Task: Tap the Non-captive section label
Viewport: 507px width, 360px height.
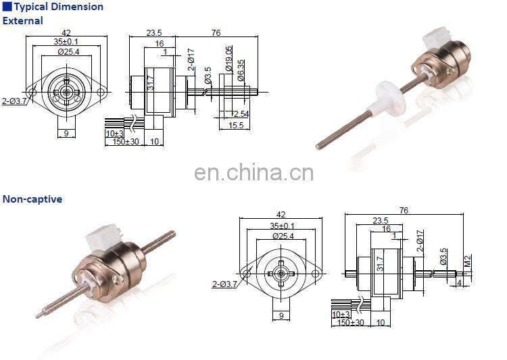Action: click(32, 199)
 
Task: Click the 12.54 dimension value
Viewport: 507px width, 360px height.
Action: click(239, 113)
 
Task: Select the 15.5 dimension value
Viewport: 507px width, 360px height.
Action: click(236, 126)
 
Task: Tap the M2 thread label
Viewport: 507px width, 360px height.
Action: click(466, 261)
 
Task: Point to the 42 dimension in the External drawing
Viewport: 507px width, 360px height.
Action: click(66, 32)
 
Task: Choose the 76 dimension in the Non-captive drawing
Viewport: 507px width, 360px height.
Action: click(404, 211)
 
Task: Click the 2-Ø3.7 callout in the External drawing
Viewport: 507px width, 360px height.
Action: click(13, 102)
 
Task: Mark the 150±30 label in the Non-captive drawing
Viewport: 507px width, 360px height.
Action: click(351, 323)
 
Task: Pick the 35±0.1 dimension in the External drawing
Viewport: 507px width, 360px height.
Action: click(66, 41)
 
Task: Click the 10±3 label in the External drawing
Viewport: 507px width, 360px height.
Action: click(115, 133)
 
